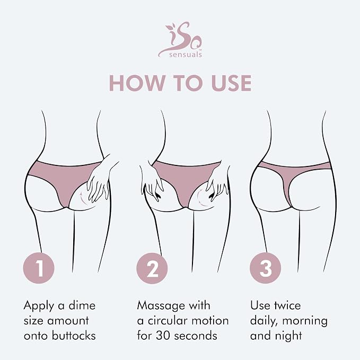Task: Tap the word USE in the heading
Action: click(x=231, y=83)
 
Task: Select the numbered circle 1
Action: click(x=39, y=268)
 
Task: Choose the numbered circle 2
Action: click(x=152, y=268)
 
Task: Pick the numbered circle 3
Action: click(x=266, y=268)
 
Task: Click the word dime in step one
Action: click(x=82, y=305)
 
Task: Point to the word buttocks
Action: click(x=74, y=336)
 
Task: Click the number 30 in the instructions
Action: click(x=163, y=336)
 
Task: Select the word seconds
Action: click(x=196, y=336)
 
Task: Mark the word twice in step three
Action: click(x=287, y=305)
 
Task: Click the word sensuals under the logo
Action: click(x=186, y=55)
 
